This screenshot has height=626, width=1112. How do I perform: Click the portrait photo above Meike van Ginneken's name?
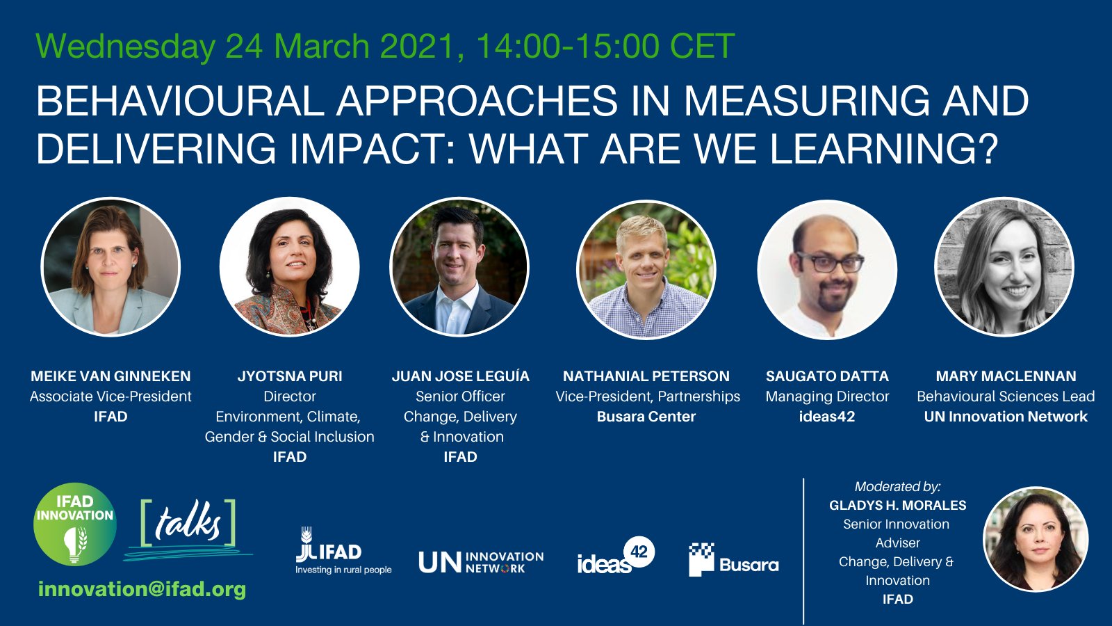[x=111, y=267]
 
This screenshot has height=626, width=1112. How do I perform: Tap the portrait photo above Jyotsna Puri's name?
[x=289, y=267]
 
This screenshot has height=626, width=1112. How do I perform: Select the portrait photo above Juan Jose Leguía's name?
[x=459, y=267]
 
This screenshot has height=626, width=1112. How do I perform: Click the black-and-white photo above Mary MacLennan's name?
[x=1004, y=267]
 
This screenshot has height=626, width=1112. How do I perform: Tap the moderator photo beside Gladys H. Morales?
[x=1036, y=539]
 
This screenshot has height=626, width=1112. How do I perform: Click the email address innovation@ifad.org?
[x=142, y=589]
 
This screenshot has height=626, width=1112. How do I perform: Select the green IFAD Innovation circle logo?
[x=75, y=524]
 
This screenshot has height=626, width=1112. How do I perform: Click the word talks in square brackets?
[x=188, y=523]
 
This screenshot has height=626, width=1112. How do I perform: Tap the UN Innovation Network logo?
[x=481, y=562]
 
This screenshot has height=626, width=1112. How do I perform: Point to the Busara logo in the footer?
[x=734, y=560]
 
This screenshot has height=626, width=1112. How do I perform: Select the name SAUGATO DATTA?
[x=827, y=376]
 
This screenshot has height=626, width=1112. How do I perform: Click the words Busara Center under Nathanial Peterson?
[x=646, y=417]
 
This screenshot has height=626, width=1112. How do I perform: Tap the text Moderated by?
[x=897, y=487]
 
